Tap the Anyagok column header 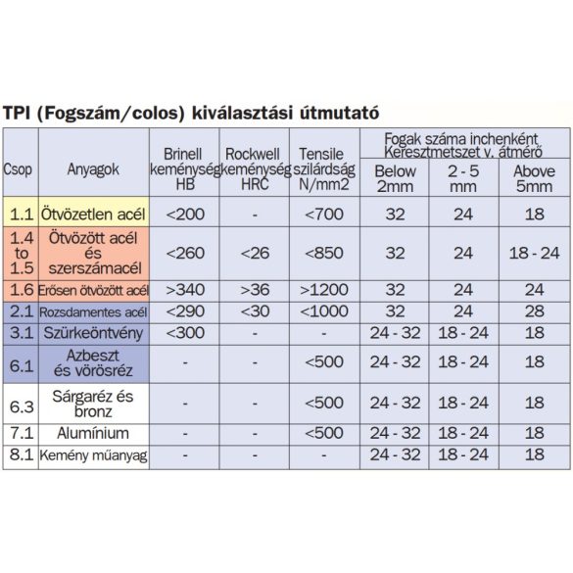[x=93, y=167]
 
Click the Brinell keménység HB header [x=185, y=167]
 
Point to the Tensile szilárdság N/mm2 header [x=322, y=167]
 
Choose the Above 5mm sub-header [x=533, y=178]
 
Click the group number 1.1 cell [x=19, y=213]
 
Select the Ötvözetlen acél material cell [x=93, y=213]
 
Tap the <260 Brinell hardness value [x=185, y=252]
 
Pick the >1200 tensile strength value [x=322, y=291]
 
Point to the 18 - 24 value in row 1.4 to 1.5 [x=533, y=252]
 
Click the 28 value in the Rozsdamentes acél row [x=533, y=311]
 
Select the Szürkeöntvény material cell [x=93, y=332]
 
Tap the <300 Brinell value [x=185, y=332]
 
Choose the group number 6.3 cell [x=19, y=403]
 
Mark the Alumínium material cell [x=93, y=432]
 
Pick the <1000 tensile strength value [x=322, y=311]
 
